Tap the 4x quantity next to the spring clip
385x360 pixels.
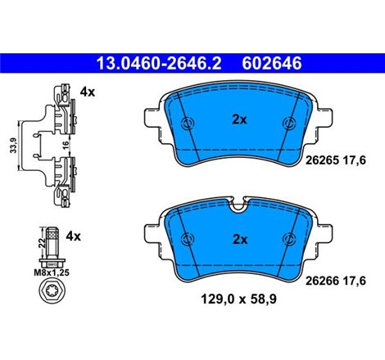pyautogui.click(x=88, y=94)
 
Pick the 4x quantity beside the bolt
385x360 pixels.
pyautogui.click(x=74, y=236)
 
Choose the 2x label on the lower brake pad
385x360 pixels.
pyautogui.click(x=238, y=240)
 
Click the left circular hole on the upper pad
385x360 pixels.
pyautogui.click(x=187, y=124)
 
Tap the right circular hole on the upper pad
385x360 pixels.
pyautogui.click(x=289, y=124)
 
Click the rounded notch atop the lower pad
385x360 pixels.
pyautogui.click(x=238, y=208)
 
